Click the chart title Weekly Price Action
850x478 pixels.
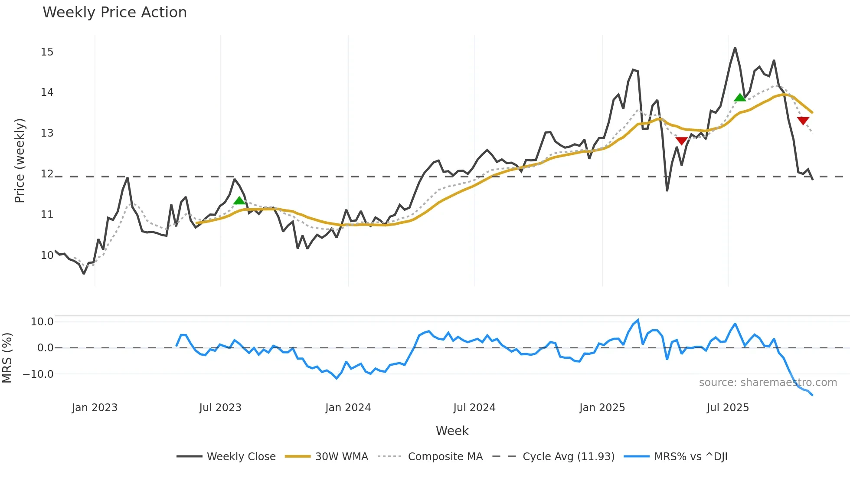pyautogui.click(x=114, y=13)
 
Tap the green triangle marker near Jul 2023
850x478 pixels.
pyautogui.click(x=239, y=200)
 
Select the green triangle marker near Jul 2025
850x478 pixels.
pyautogui.click(x=740, y=98)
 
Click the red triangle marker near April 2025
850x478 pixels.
pyautogui.click(x=682, y=141)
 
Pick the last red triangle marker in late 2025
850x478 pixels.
pyautogui.click(x=803, y=121)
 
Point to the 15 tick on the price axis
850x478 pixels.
pyautogui.click(x=47, y=52)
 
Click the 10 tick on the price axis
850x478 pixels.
pyautogui.click(x=47, y=255)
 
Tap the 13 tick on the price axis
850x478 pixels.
pyautogui.click(x=47, y=133)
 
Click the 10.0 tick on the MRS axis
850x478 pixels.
pyautogui.click(x=42, y=322)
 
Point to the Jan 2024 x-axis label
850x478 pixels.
pyautogui.click(x=348, y=408)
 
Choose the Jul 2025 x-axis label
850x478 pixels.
pyautogui.click(x=728, y=408)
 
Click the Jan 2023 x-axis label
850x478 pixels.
pyautogui.click(x=95, y=408)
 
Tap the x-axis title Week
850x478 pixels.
pyautogui.click(x=452, y=431)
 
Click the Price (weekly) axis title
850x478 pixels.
pyautogui.click(x=20, y=160)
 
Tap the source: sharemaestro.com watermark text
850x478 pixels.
pyautogui.click(x=768, y=383)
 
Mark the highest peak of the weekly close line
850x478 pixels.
pyautogui.click(x=735, y=48)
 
